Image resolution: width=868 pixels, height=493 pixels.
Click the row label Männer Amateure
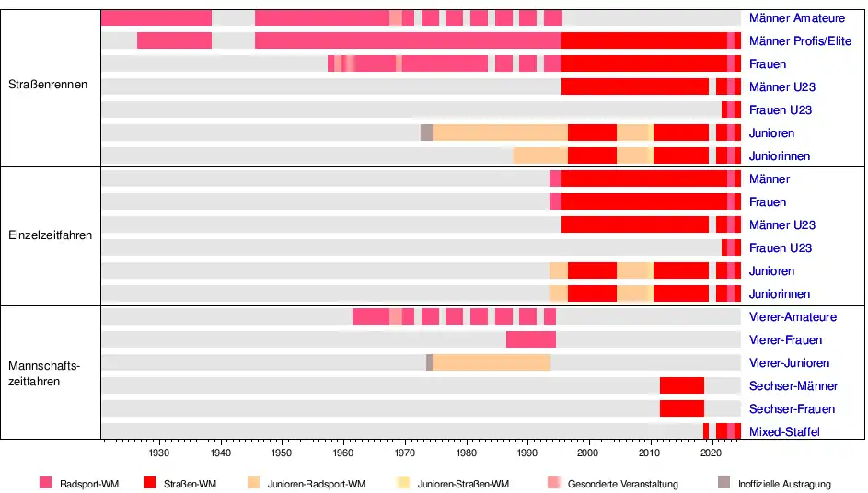coord(796,18)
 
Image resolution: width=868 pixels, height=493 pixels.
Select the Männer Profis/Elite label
coord(800,41)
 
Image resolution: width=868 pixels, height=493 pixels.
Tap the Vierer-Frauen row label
coord(785,340)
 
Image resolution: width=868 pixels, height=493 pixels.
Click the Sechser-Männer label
coord(793,386)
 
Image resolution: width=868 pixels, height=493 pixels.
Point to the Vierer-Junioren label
coord(789,363)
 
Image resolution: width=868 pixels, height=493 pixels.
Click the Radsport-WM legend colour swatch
coord(46,483)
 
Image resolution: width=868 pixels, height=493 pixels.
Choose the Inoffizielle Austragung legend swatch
coord(723,483)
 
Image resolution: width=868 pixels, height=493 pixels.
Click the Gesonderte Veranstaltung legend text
coord(622,484)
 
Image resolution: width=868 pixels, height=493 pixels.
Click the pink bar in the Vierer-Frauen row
coord(530,340)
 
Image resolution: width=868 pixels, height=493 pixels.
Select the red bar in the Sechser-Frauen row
coord(681,409)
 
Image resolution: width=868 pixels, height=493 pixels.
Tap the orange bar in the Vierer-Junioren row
coord(492,363)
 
